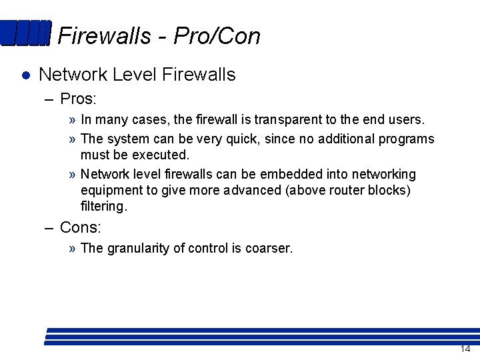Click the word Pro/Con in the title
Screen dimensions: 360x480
[x=217, y=36]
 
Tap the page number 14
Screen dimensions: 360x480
[x=465, y=349]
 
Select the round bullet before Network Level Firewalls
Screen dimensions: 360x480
[x=25, y=75]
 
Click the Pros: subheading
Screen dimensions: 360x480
[x=78, y=99]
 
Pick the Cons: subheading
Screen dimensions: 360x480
[x=80, y=227]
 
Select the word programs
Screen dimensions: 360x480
[x=407, y=139]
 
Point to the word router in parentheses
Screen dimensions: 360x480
[x=335, y=191]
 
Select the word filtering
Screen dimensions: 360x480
[x=103, y=207]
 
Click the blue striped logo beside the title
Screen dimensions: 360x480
[x=25, y=33]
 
